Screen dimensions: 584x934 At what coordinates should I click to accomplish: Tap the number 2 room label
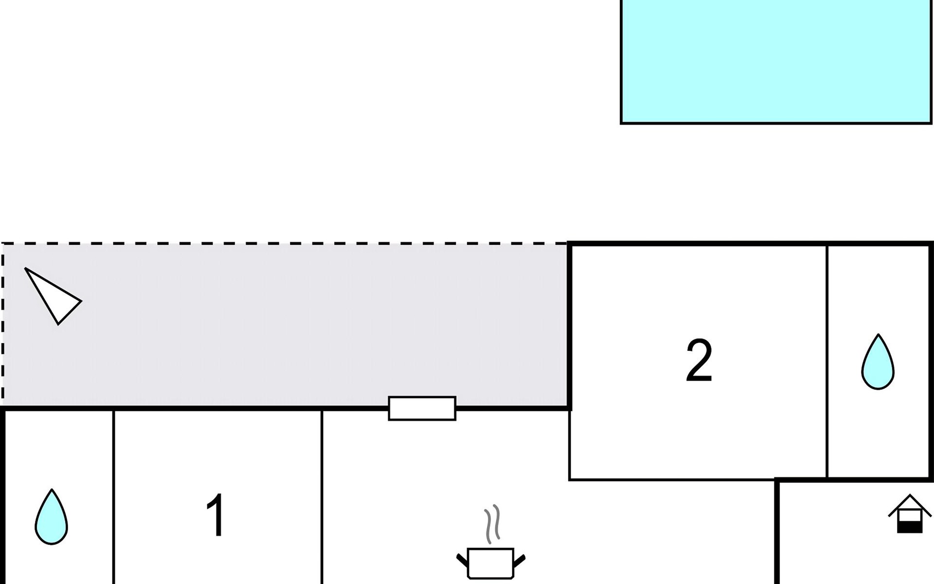pos(699,361)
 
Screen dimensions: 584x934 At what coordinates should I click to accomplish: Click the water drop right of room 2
pos(878,362)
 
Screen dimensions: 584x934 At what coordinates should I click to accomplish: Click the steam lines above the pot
pos(492,524)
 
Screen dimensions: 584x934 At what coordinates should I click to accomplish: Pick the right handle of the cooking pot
pos(519,560)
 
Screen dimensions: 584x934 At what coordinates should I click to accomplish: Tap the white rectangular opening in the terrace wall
pos(422,408)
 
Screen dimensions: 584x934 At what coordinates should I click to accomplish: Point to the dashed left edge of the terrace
pos(2,326)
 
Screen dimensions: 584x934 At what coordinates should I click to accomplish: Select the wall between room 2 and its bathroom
pos(826,360)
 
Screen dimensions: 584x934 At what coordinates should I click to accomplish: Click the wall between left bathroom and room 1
pos(113,496)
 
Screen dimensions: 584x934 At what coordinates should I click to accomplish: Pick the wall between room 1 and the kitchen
pos(322,496)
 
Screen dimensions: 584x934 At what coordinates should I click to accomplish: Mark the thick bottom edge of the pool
pos(776,123)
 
